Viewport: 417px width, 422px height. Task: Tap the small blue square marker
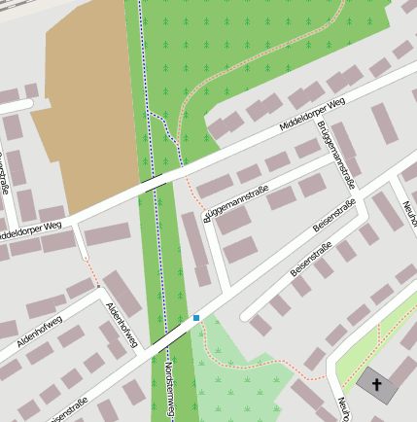pyautogui.click(x=196, y=317)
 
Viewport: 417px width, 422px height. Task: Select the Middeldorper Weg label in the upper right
pyautogui.click(x=312, y=114)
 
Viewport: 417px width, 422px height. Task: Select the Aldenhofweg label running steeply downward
pyautogui.click(x=122, y=322)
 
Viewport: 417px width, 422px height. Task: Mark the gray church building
pyautogui.click(x=377, y=386)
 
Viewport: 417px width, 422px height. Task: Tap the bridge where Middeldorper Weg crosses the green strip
pyautogui.click(x=154, y=181)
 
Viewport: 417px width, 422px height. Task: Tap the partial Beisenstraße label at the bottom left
pyautogui.click(x=68, y=410)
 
